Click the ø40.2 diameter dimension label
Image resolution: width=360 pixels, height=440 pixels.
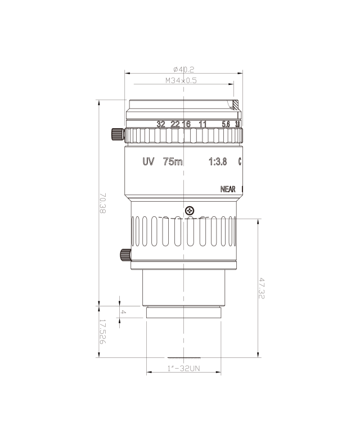(183, 70)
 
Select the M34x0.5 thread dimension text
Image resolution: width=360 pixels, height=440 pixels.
(181, 81)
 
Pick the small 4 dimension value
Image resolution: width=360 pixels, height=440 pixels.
(123, 312)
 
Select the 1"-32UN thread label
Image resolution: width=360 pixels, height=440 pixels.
(183, 369)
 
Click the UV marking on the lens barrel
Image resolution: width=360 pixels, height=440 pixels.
(148, 162)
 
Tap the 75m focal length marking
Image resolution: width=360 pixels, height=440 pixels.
(173, 162)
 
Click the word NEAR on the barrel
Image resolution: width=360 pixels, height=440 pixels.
(228, 189)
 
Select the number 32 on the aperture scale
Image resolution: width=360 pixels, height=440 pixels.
(161, 124)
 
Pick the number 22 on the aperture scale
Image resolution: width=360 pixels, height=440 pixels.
(175, 124)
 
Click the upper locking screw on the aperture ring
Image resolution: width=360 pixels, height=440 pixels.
(118, 135)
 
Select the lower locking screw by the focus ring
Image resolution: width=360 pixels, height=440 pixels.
(125, 255)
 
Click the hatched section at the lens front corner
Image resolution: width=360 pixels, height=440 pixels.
(236, 105)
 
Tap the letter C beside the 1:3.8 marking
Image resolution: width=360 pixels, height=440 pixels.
(240, 162)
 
